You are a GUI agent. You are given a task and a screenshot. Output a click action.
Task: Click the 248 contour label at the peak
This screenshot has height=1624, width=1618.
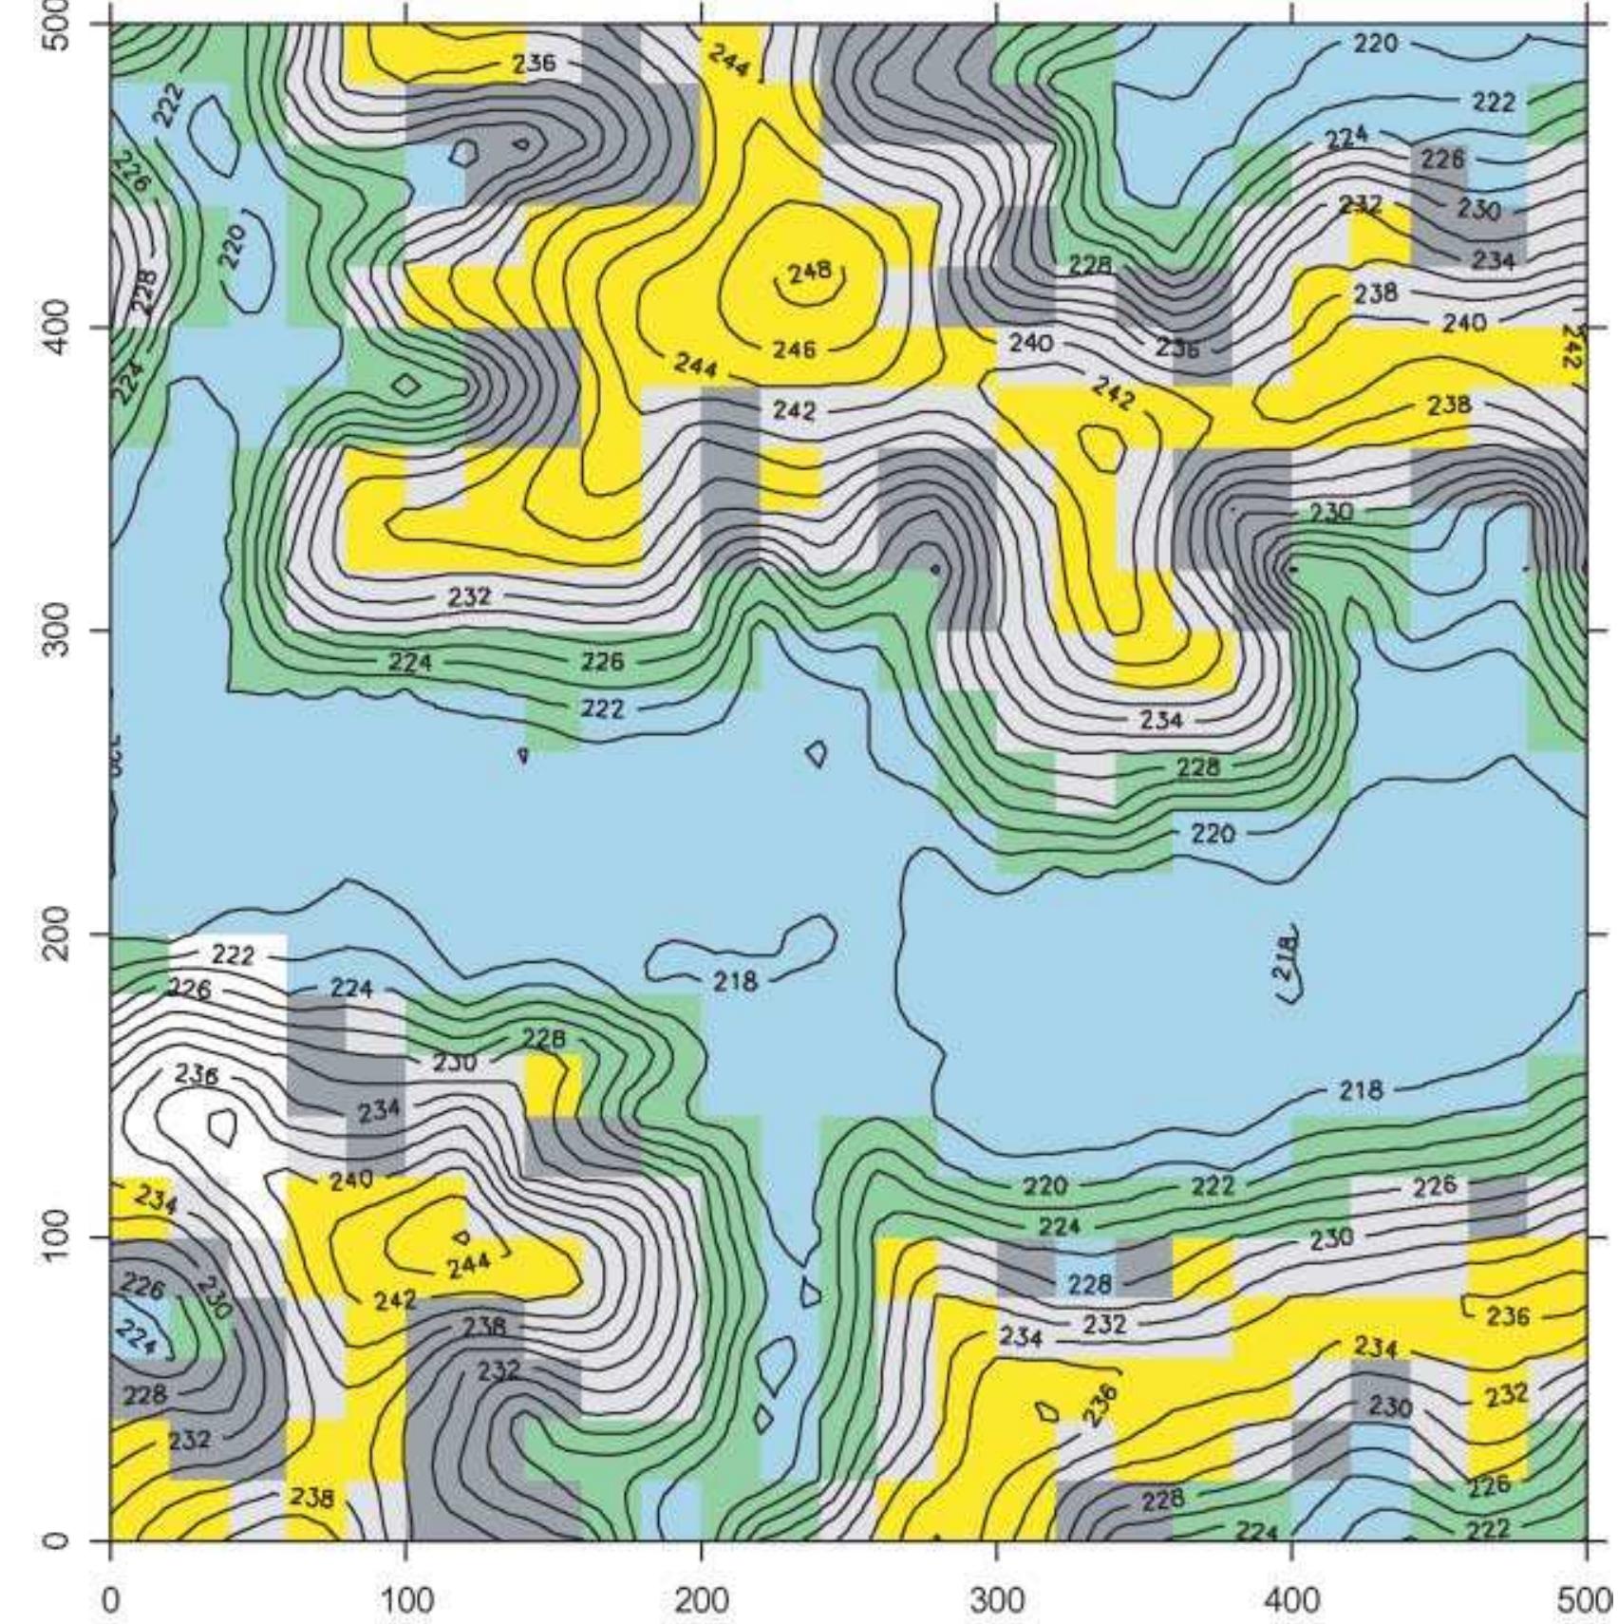coord(810,273)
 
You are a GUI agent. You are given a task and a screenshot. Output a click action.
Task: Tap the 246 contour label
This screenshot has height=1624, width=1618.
coord(794,349)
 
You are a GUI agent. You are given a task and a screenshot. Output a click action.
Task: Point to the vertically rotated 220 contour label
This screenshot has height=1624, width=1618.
coord(232,244)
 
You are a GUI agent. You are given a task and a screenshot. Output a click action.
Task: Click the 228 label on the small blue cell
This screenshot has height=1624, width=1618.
coord(1088,1284)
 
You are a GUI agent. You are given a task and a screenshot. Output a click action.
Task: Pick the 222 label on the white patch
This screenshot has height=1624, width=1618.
coord(233,954)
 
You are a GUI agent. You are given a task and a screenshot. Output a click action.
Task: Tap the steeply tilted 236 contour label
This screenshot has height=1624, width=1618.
coord(1101,1406)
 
